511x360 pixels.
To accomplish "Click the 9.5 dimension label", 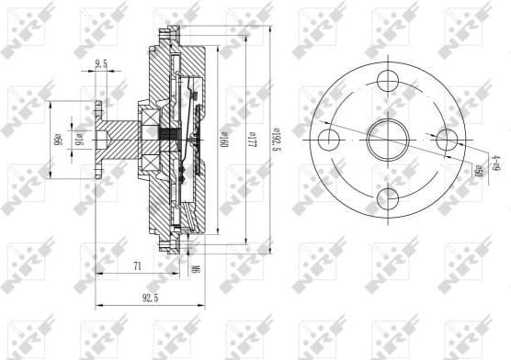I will coord(100,64).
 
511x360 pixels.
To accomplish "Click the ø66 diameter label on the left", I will coord(57,141).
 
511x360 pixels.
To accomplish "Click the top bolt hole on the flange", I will coord(386,78).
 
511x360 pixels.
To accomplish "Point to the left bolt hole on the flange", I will coord(325,140).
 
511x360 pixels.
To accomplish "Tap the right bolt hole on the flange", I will coord(448,140).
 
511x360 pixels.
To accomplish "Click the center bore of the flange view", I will coord(386,140).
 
